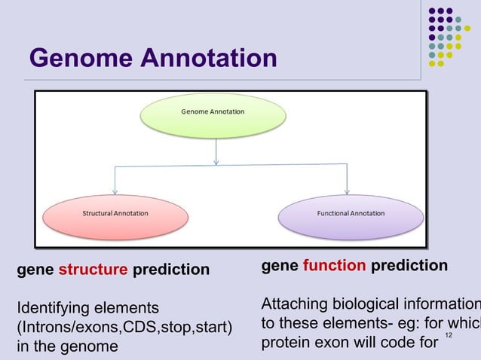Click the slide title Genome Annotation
coord(152,58)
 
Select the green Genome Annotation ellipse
coord(213,112)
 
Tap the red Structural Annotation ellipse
coord(115,214)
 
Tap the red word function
coord(335,266)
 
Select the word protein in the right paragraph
coord(284,343)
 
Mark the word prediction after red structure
coord(171,270)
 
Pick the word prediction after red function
coord(409,266)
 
